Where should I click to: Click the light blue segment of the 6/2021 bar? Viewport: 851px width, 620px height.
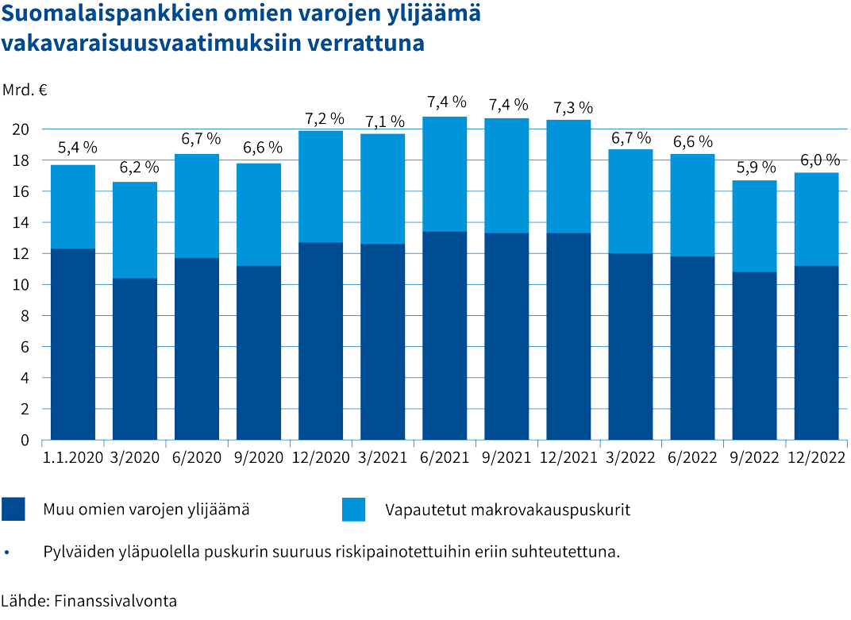[x=445, y=174]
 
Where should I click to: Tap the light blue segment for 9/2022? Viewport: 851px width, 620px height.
[x=754, y=226]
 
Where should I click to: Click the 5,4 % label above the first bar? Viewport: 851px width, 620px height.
[x=78, y=148]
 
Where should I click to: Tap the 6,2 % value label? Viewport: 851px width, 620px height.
[x=139, y=168]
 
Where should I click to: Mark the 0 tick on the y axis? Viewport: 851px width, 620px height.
[x=25, y=441]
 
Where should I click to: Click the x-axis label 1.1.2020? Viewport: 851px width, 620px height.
[x=72, y=458]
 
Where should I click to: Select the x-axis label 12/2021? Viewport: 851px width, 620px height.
[x=568, y=458]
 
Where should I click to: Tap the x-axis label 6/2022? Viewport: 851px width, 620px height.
[x=692, y=458]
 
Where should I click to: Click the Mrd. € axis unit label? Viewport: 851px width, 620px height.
[x=25, y=90]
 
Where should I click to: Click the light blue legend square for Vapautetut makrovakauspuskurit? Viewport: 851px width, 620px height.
[x=353, y=510]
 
